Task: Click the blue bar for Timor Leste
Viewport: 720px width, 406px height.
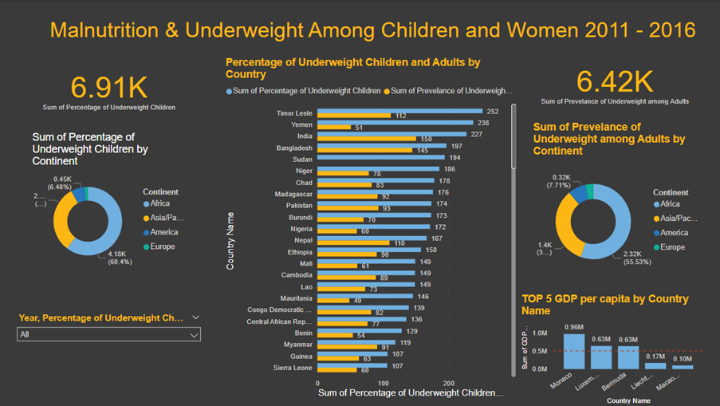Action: [x=399, y=112]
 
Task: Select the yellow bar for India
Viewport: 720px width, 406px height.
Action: [x=367, y=139]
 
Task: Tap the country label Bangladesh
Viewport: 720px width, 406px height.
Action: [x=294, y=148]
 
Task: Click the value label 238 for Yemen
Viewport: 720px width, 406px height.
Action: [x=483, y=123]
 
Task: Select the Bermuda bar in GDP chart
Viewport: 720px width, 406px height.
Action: [x=629, y=357]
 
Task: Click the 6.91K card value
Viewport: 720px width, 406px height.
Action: [x=108, y=86]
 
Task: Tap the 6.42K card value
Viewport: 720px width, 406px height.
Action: [x=615, y=81]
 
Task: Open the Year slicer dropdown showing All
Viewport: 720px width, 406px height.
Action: [x=108, y=335]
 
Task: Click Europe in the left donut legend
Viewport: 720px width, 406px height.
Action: [x=162, y=246]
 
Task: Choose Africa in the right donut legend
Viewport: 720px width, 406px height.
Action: [x=669, y=204]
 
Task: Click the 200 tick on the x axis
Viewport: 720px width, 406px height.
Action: [x=449, y=383]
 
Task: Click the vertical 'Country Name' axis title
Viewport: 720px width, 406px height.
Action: [x=230, y=240]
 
